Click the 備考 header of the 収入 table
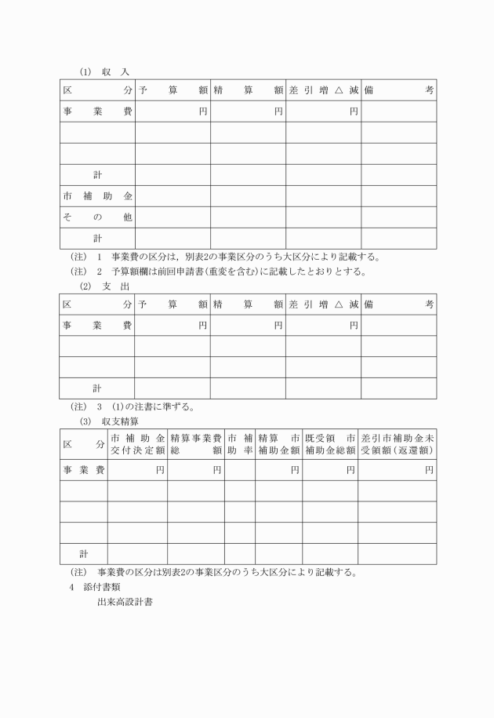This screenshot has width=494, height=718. pos(398,91)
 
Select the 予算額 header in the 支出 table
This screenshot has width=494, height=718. pos(173,304)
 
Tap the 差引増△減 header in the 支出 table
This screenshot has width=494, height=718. pos(323,304)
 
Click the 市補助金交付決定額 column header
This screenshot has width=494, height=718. pos(137,444)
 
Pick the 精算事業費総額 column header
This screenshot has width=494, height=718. pos(196,444)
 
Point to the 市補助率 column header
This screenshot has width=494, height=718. pos(240,444)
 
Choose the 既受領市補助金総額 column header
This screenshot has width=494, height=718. pos(330,444)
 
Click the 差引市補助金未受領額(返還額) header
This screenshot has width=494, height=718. pos(398,444)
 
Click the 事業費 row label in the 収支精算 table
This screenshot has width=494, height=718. pos(84,470)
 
